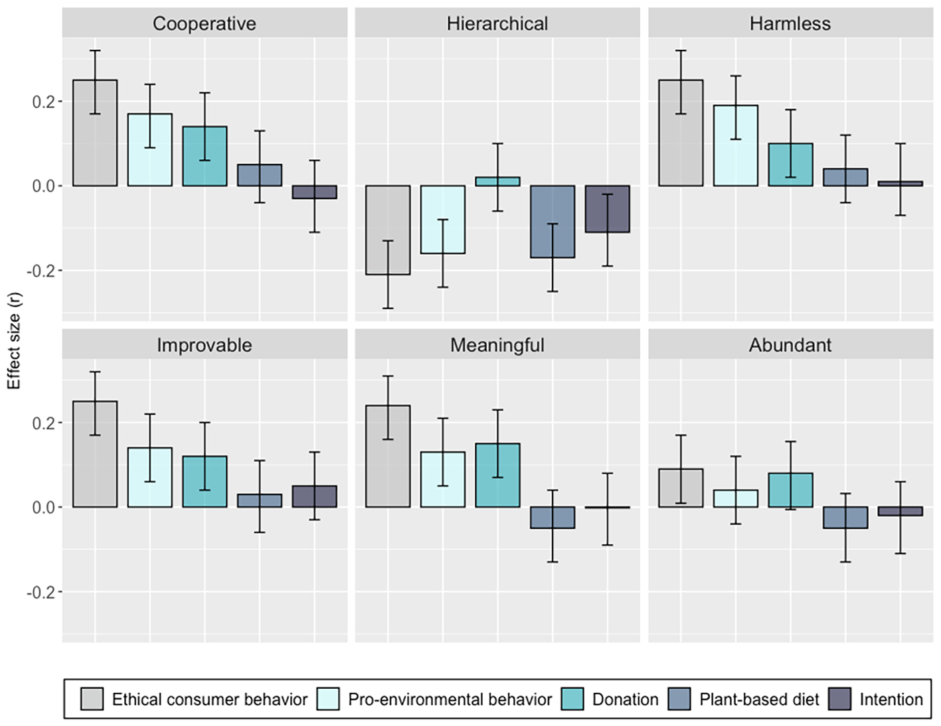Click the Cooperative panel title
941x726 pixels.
coord(205,23)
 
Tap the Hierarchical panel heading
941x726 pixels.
coord(497,23)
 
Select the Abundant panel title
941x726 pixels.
coord(790,345)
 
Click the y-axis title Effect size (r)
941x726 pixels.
coord(15,341)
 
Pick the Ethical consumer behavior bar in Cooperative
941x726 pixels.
coord(95,133)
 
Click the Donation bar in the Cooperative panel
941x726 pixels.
coord(205,156)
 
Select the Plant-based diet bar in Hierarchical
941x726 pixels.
coord(553,222)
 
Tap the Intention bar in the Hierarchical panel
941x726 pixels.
coord(608,209)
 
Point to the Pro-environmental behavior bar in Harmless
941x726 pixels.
coord(736,145)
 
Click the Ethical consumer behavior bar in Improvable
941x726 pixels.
coord(95,454)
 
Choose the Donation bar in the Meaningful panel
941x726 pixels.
coord(497,475)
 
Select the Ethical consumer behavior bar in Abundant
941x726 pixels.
coord(681,488)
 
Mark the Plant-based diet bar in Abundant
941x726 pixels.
coord(846,518)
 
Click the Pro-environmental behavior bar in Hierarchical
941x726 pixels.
coord(442,220)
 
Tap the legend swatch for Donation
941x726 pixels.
coord(572,699)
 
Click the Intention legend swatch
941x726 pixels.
coord(839,699)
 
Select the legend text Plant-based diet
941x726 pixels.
coord(760,699)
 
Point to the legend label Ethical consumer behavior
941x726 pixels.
coord(210,699)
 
